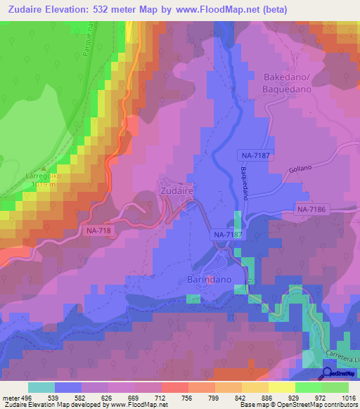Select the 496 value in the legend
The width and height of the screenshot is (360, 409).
[x=27, y=397]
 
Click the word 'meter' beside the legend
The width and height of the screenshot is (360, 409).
[x=10, y=397]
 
